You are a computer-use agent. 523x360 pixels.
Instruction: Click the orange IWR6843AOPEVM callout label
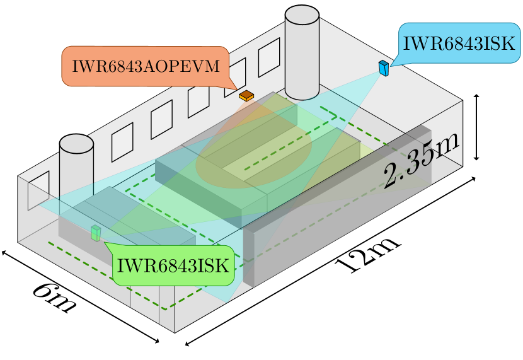[146, 66]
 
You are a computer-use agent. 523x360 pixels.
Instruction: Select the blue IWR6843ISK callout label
[459, 44]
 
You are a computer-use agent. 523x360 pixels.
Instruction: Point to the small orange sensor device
[246, 96]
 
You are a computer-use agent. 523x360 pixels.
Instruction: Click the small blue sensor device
[384, 67]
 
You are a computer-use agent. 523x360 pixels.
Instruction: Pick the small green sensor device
[96, 233]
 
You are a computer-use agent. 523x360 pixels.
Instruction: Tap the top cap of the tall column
[302, 15]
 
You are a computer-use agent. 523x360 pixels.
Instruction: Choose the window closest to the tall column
[269, 57]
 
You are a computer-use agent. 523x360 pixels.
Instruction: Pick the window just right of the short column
[122, 142]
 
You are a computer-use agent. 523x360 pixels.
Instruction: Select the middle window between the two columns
[198, 100]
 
